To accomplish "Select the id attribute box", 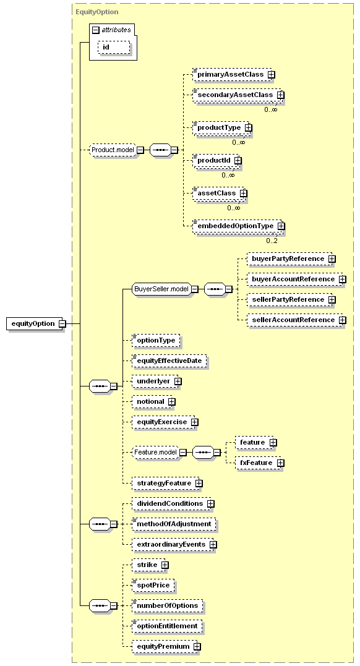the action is point(114,47).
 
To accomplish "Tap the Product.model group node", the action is point(113,150).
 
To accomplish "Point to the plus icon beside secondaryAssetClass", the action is point(281,95).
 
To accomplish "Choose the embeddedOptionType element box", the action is point(238,226).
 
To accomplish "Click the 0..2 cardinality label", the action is point(272,241).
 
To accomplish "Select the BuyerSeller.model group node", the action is point(161,289).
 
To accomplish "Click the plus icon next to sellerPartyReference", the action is point(332,300).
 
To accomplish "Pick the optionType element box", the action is point(156,341).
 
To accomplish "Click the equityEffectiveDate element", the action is point(169,361).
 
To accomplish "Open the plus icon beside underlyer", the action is point(178,382).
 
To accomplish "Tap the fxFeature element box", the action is point(259,463).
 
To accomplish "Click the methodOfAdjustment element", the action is point(174,524).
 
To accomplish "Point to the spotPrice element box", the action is point(153,585).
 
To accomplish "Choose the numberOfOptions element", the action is point(168,605).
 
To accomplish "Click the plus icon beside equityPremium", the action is point(197,646).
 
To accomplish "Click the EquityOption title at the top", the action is point(97,12).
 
